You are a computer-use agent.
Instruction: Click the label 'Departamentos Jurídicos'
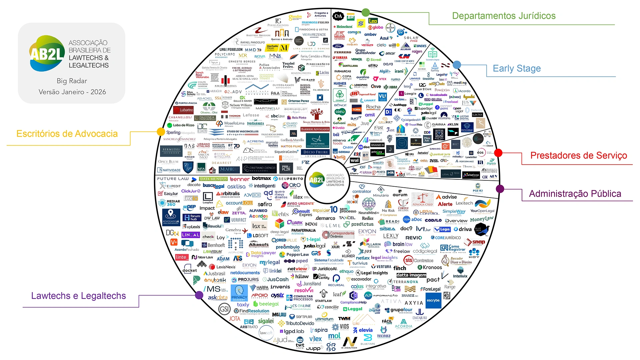point(503,16)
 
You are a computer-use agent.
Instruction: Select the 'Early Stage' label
point(517,68)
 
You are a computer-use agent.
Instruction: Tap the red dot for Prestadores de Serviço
point(498,153)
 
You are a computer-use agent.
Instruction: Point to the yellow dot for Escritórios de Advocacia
point(161,132)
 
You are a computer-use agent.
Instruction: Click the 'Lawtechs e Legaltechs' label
point(78,296)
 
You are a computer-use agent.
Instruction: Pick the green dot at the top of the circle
point(366,13)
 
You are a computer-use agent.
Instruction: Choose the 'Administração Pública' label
point(575,194)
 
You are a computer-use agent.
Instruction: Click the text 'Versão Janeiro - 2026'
point(72,92)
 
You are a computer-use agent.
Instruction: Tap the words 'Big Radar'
point(72,81)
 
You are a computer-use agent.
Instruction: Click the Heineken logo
point(343,27)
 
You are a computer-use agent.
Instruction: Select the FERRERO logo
point(342,52)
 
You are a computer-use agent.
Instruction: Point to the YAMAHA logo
point(340,58)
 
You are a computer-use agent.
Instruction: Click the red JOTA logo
point(234,319)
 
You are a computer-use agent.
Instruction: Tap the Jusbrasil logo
point(215,273)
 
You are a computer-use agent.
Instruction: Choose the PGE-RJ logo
point(478,188)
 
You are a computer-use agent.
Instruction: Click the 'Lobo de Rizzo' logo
point(181,125)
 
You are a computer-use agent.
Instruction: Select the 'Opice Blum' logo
point(168,162)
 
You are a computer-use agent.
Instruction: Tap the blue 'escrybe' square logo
point(433,300)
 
